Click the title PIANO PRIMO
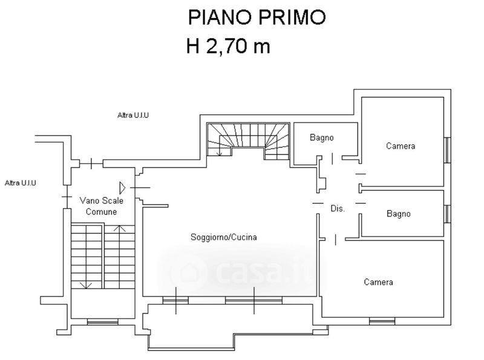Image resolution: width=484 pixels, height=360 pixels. (x=257, y=16)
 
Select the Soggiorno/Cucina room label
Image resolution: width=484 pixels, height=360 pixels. (x=224, y=238)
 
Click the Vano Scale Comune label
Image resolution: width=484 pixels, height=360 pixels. (x=101, y=206)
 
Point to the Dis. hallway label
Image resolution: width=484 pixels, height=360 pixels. (x=337, y=209)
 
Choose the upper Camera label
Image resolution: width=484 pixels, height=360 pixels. (x=401, y=146)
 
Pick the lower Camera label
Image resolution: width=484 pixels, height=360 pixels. (x=379, y=282)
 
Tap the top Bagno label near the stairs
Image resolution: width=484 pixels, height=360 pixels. (x=322, y=138)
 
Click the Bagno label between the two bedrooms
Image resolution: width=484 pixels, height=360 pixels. (x=399, y=214)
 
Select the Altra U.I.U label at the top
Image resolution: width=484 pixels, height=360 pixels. (x=135, y=114)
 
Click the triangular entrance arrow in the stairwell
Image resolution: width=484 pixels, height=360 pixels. (x=122, y=187)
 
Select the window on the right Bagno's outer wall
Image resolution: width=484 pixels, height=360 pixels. (x=447, y=214)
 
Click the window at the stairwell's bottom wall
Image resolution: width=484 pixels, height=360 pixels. (x=102, y=322)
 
